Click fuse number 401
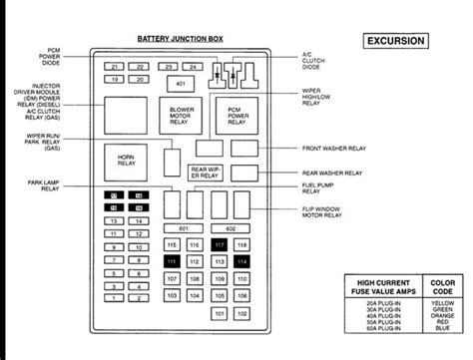(181, 83)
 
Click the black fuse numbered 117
(220, 245)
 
